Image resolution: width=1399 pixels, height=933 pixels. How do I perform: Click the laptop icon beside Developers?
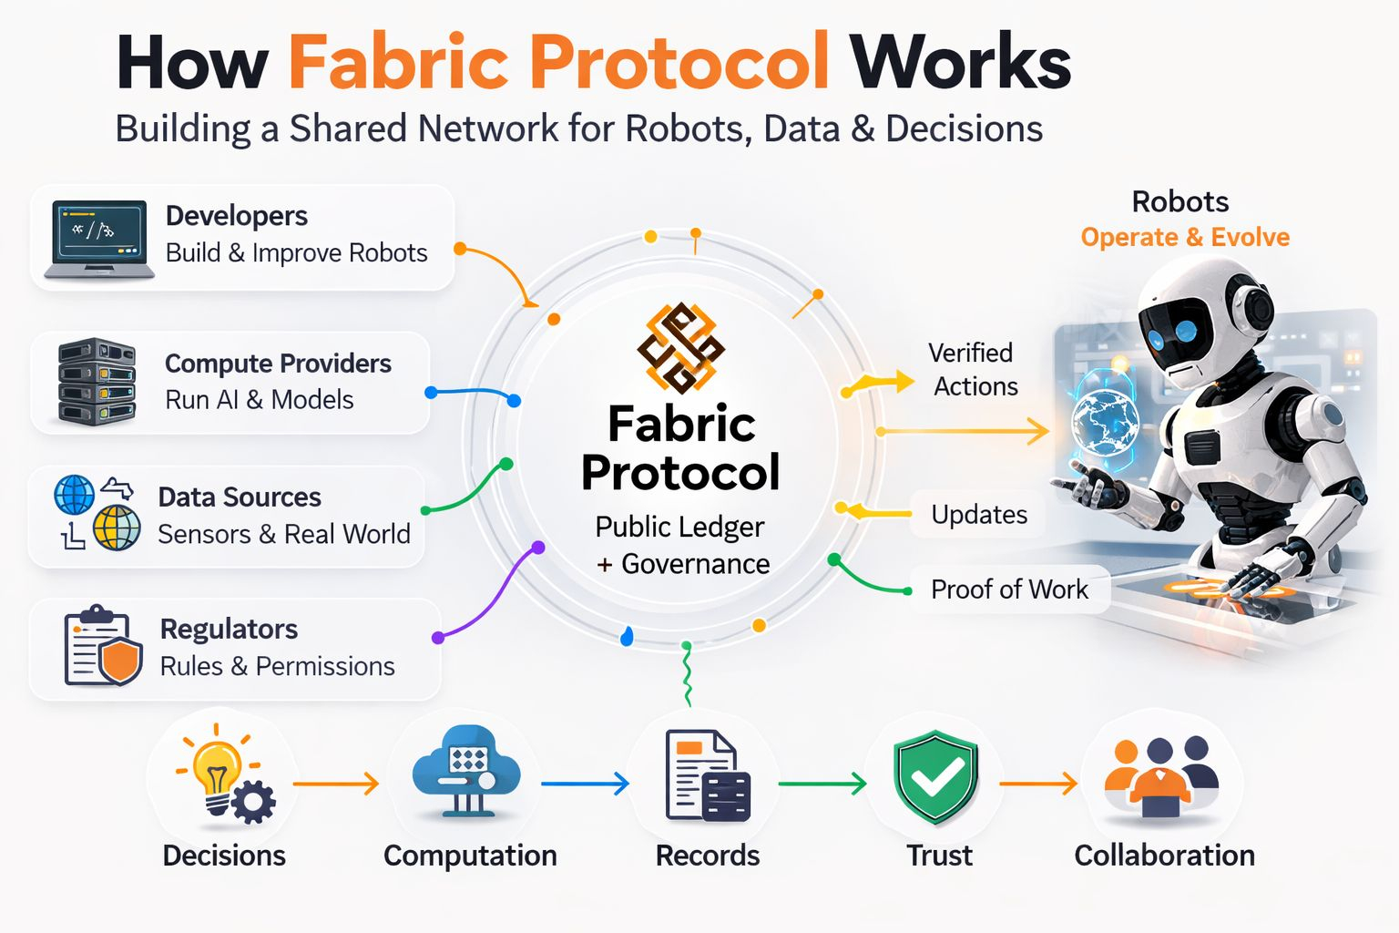click(99, 240)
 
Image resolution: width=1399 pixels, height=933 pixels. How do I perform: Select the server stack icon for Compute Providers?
click(97, 382)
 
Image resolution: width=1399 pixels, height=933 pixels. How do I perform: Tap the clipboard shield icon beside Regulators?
click(103, 646)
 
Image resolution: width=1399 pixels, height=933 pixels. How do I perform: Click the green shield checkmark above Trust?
click(935, 777)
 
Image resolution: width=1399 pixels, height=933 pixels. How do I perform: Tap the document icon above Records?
click(708, 776)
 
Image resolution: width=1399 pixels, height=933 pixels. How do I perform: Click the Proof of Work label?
click(1009, 590)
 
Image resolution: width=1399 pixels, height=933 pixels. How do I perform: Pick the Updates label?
click(979, 515)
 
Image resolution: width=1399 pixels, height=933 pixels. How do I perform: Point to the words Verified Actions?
click(973, 369)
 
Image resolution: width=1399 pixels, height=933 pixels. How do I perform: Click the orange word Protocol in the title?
click(679, 62)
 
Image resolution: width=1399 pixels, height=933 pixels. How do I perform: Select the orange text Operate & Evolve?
click(1185, 237)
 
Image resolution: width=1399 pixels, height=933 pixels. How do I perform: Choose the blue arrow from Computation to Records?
click(585, 784)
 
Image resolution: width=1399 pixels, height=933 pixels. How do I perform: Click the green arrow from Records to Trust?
click(822, 784)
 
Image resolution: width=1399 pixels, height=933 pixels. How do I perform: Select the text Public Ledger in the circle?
click(679, 527)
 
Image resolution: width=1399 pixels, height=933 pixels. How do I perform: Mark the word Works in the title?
click(960, 62)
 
